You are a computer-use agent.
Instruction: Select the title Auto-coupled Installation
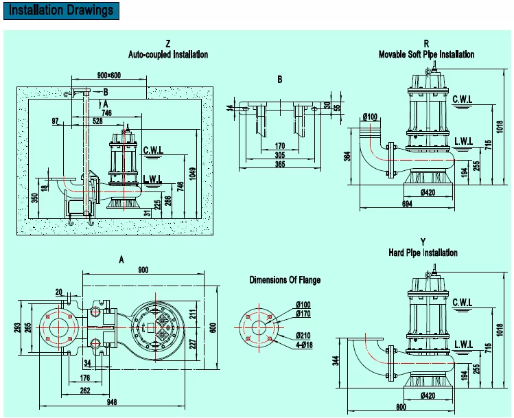pyautogui.click(x=167, y=54)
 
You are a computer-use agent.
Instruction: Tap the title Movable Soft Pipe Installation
pyautogui.click(x=426, y=54)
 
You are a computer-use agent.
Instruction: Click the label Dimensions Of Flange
pyautogui.click(x=285, y=280)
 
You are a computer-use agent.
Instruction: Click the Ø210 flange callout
pyautogui.click(x=303, y=335)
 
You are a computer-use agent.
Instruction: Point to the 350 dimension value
pyautogui.click(x=34, y=198)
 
